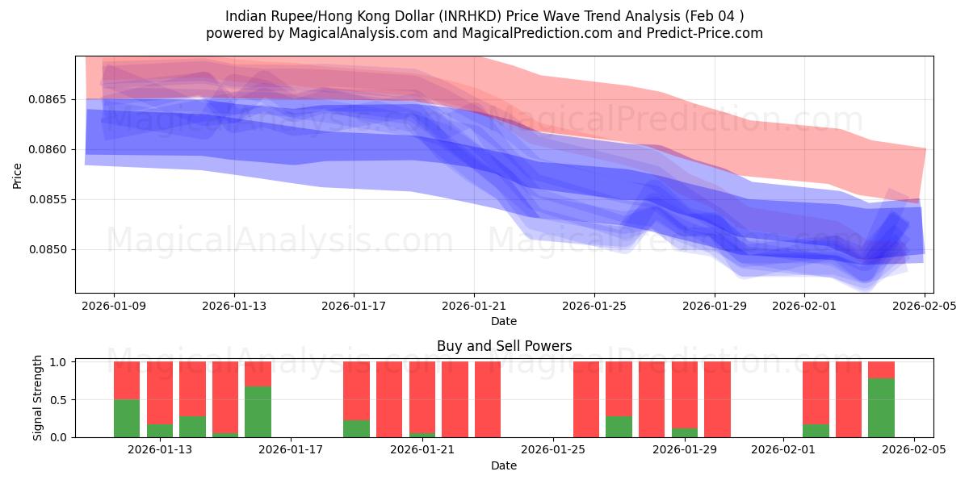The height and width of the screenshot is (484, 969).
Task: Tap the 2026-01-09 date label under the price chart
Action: click(113, 306)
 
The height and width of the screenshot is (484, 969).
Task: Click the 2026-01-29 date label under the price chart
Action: click(714, 306)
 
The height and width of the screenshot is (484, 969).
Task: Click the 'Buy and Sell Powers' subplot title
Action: click(504, 346)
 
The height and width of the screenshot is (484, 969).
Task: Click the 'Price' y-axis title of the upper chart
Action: click(18, 174)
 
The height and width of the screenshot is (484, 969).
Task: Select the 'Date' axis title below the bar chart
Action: click(504, 465)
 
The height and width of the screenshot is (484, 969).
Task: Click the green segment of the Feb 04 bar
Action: click(881, 407)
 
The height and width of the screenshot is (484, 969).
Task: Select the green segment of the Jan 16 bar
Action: click(258, 411)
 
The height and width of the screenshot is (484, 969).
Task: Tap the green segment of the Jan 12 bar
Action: click(127, 418)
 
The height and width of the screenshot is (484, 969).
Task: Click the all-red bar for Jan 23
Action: click(488, 399)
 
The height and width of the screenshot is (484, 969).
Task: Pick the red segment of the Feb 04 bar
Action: click(881, 369)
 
